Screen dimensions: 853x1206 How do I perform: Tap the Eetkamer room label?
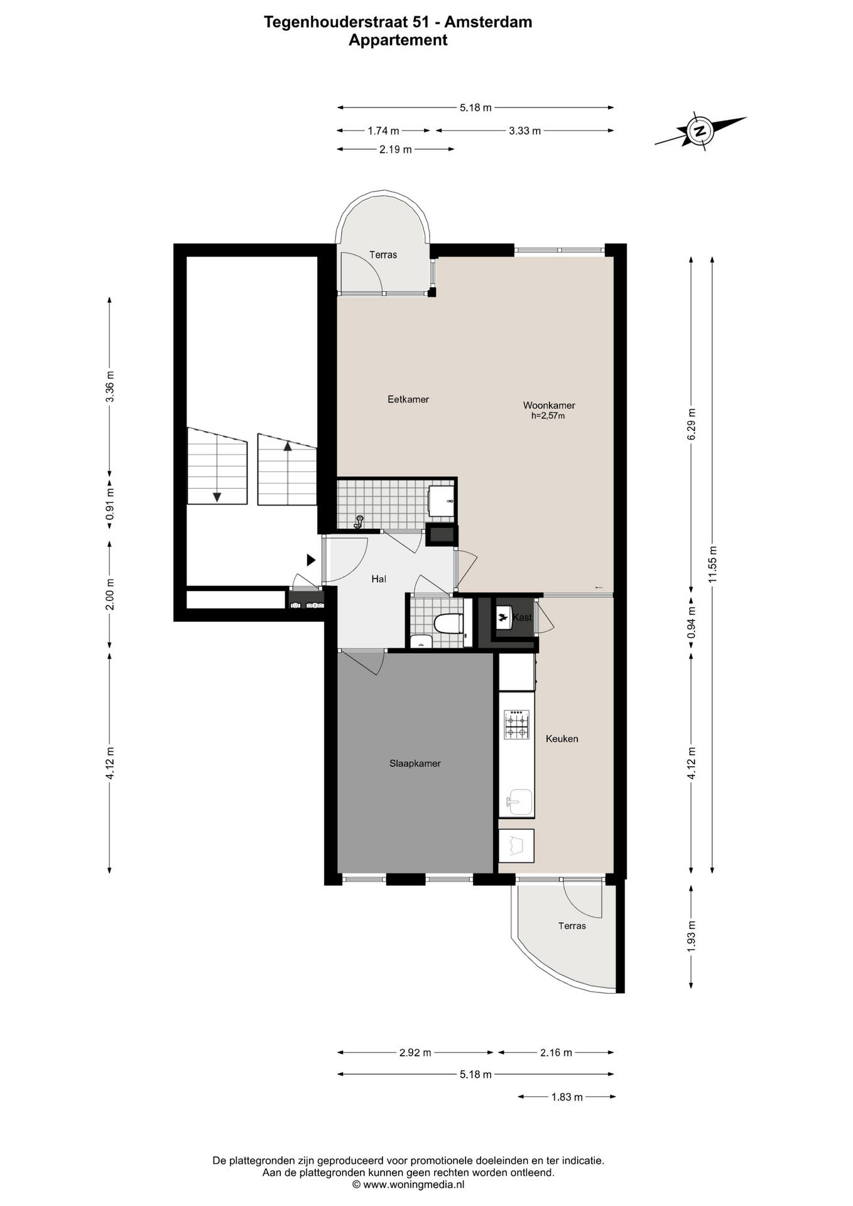(408, 399)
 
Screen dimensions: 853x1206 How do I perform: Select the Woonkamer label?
(549, 406)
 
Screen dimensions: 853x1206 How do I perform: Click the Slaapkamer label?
(415, 764)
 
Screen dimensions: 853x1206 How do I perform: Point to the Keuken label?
(562, 739)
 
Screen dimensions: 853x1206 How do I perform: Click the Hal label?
(379, 579)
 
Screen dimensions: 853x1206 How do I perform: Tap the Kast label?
(522, 617)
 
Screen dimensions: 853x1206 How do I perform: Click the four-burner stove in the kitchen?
(517, 724)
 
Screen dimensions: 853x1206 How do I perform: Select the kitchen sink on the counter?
(519, 802)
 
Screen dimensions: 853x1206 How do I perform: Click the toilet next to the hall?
(448, 624)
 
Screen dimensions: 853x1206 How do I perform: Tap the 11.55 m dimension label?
(712, 564)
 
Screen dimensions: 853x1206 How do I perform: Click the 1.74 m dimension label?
(383, 131)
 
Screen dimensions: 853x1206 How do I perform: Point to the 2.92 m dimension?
(415, 1052)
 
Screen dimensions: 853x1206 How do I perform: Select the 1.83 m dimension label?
(567, 1097)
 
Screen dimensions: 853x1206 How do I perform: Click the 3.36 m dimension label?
(110, 386)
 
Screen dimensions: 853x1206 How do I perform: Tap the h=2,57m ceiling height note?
(548, 416)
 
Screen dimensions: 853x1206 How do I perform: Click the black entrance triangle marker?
(311, 559)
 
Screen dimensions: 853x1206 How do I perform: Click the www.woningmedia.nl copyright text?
(408, 1185)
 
